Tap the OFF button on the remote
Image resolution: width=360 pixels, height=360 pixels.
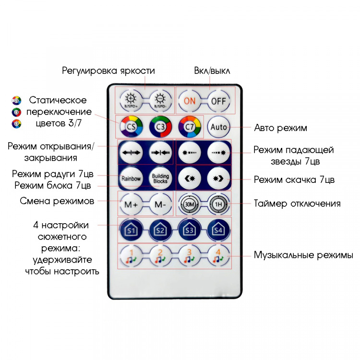pos(218,101)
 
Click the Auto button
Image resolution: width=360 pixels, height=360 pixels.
pos(218,128)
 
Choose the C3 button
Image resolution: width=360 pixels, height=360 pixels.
pos(160,128)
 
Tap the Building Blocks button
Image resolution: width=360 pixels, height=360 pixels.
pos(160,179)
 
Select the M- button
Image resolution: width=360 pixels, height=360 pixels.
pos(160,204)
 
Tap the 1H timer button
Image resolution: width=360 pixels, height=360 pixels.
pos(218,204)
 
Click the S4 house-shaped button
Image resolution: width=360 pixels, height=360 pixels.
pos(218,230)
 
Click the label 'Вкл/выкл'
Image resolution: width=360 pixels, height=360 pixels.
pos(212,71)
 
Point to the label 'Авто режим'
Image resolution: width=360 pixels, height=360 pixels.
pos(281,128)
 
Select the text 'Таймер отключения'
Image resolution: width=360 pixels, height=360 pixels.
pos(297,204)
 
